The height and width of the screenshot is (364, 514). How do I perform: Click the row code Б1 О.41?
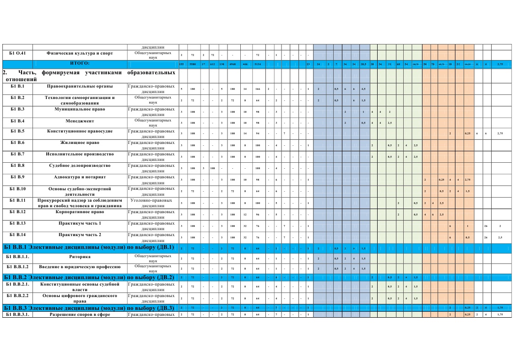(17, 53)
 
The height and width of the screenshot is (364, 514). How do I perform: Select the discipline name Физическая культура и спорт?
(80, 53)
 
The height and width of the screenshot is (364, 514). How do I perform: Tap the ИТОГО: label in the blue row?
(80, 63)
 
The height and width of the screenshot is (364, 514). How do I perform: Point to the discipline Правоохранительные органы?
(80, 86)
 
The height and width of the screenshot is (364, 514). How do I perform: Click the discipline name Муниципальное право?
(80, 110)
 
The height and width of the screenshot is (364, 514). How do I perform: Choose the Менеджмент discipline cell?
(80, 121)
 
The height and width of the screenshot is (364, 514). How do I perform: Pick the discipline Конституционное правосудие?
(80, 131)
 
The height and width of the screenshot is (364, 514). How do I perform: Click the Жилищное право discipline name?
(80, 143)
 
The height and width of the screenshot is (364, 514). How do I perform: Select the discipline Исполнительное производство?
(80, 154)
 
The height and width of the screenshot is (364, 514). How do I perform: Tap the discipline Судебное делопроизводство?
(80, 165)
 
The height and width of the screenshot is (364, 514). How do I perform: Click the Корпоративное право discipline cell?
(80, 212)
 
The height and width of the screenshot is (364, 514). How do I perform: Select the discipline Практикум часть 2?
(80, 235)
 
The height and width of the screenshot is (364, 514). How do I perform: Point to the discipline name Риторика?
(80, 257)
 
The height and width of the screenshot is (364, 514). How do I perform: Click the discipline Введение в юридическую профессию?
(80, 266)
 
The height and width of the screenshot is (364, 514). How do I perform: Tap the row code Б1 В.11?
(17, 200)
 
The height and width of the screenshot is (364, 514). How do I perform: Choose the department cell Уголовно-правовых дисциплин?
(151, 203)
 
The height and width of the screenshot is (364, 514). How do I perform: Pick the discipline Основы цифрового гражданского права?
(80, 298)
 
